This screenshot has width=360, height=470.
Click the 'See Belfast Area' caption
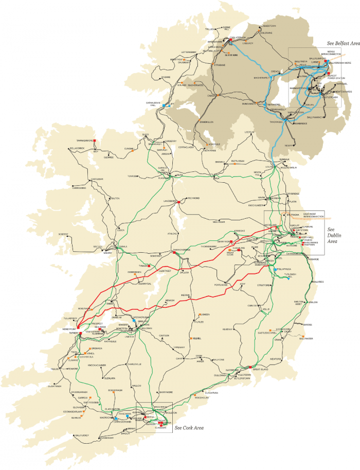click(343, 44)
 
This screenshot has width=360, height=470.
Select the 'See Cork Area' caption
click(189, 428)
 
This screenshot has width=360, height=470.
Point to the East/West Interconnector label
click(313, 215)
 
